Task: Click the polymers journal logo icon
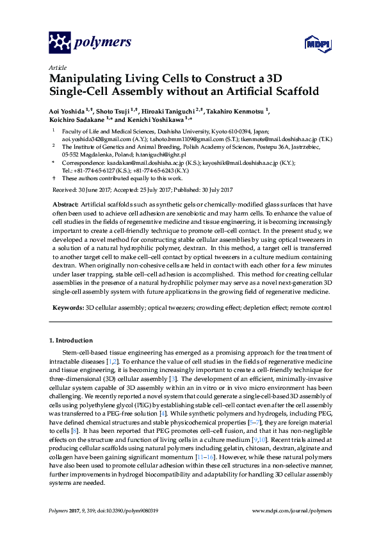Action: [60, 42]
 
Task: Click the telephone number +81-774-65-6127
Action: [90, 171]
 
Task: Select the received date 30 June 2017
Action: [88, 190]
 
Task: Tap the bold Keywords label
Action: [68, 308]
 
